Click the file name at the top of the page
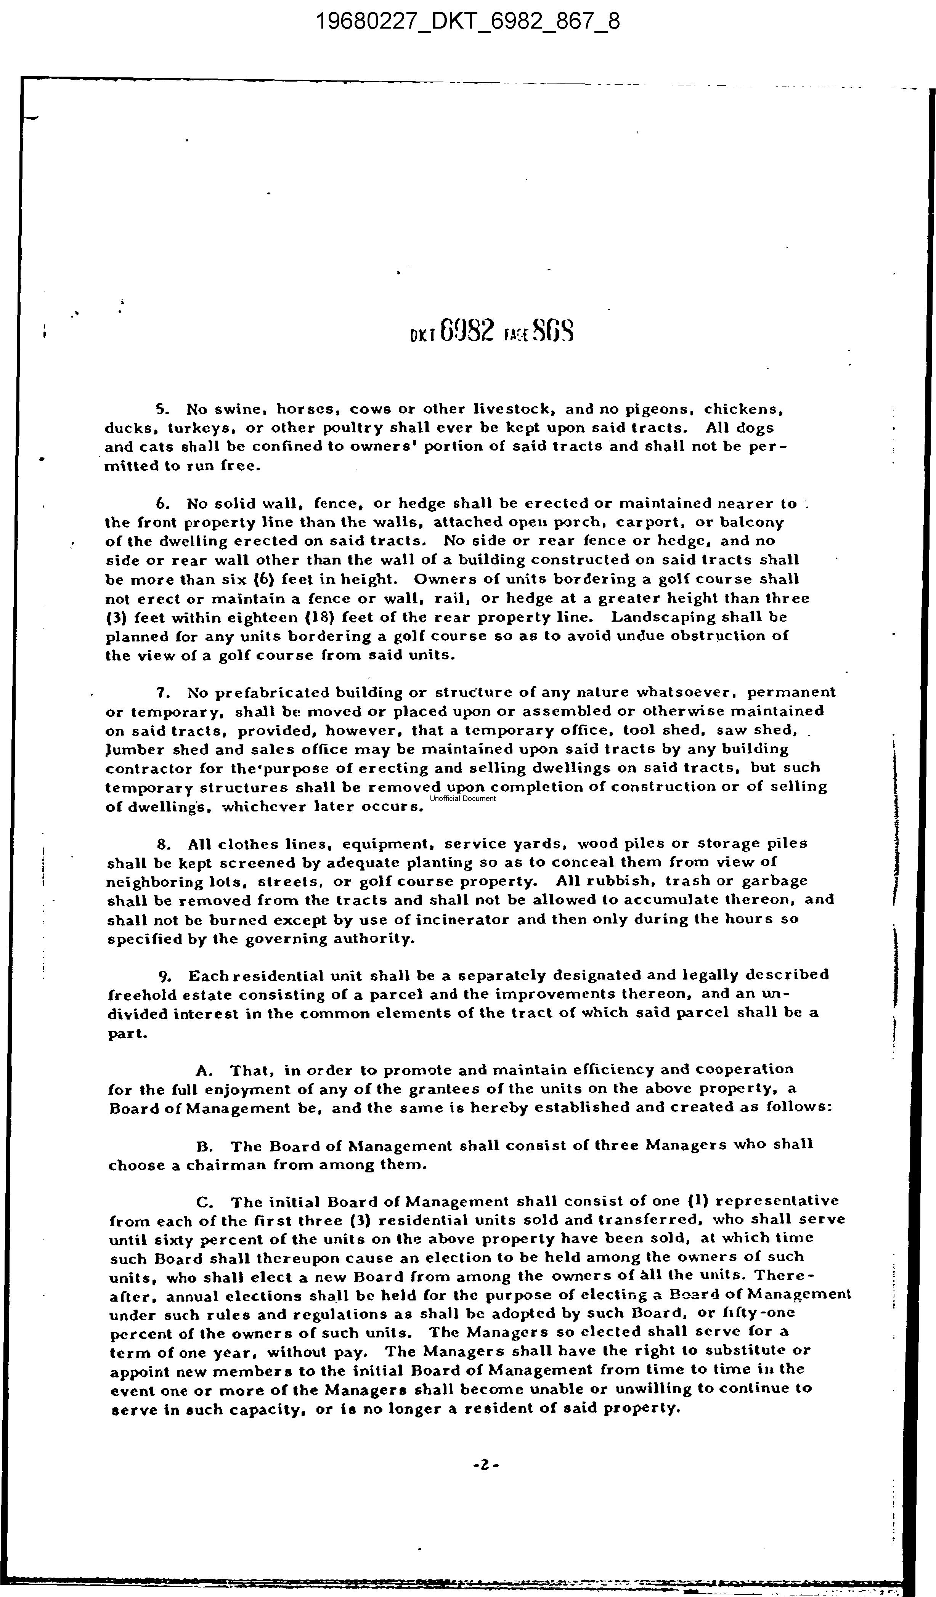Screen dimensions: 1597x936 pos(468,22)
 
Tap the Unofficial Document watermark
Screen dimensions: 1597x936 pos(462,798)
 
